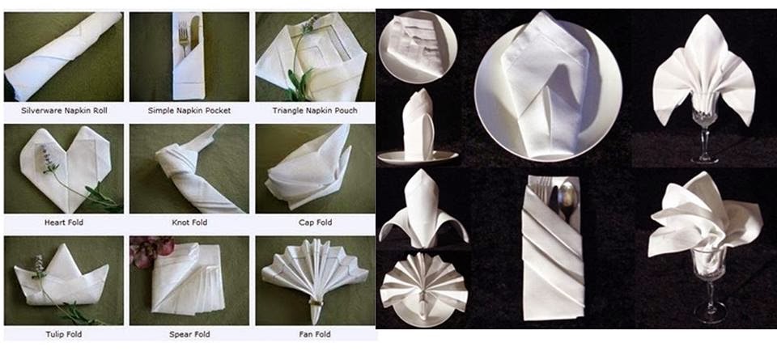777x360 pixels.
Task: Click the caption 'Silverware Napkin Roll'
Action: coord(64,110)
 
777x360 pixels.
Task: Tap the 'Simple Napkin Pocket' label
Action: coord(189,110)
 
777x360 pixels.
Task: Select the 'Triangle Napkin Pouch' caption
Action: coord(315,110)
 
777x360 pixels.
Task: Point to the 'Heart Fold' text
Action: coord(64,222)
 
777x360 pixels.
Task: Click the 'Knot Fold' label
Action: coord(189,222)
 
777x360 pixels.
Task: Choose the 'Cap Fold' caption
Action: coord(316,222)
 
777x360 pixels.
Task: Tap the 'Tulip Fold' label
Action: coord(64,334)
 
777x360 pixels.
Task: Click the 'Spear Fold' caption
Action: coord(189,334)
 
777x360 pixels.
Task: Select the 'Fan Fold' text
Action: coord(315,334)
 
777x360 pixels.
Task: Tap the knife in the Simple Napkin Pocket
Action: coord(195,32)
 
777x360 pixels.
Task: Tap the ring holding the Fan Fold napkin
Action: coord(315,302)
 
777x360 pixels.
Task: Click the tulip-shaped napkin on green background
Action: coord(62,275)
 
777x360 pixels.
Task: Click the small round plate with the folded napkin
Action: coord(418,47)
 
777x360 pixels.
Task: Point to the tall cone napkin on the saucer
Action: coord(418,125)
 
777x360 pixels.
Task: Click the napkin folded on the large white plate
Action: coord(545,83)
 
